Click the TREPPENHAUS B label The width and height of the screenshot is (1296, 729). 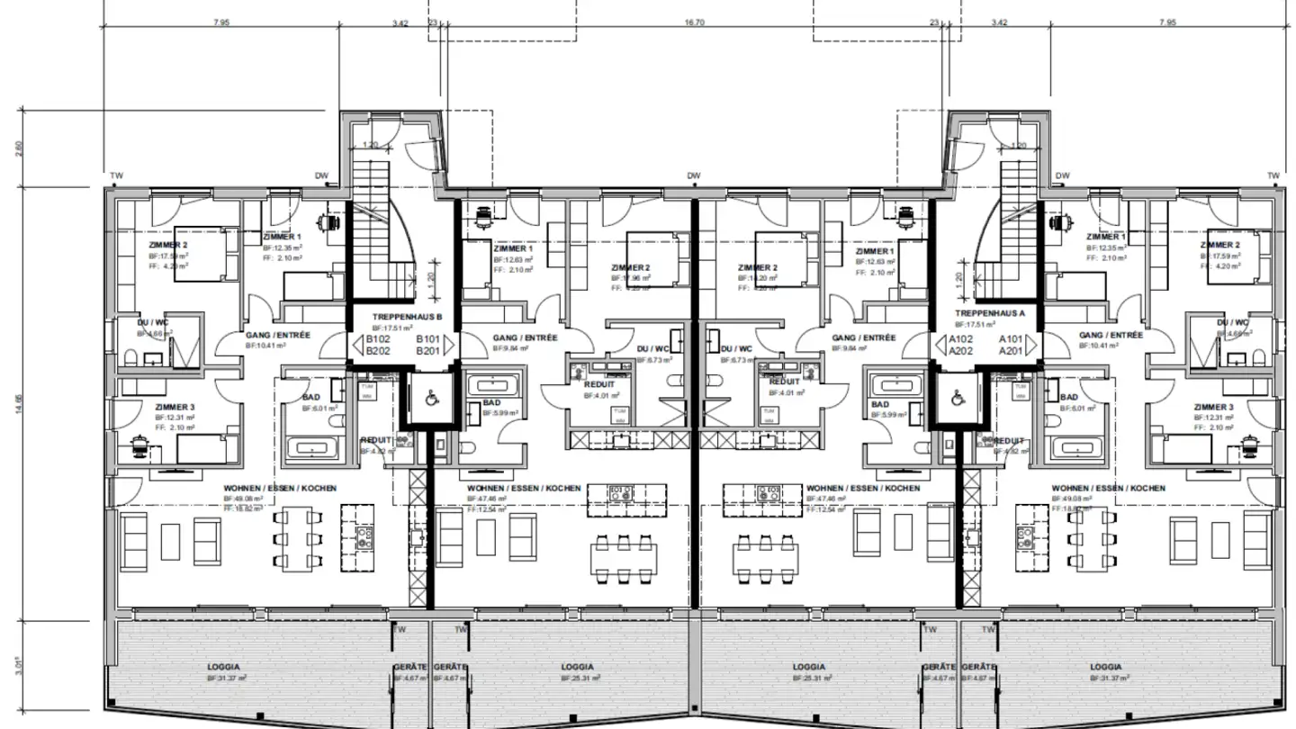(408, 317)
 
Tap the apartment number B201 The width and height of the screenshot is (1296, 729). (427, 351)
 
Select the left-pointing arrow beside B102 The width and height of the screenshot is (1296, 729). (357, 346)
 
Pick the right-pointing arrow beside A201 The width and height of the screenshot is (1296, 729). (1035, 346)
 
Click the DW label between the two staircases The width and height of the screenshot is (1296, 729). (693, 175)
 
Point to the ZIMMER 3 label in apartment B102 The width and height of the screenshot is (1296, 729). (175, 408)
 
